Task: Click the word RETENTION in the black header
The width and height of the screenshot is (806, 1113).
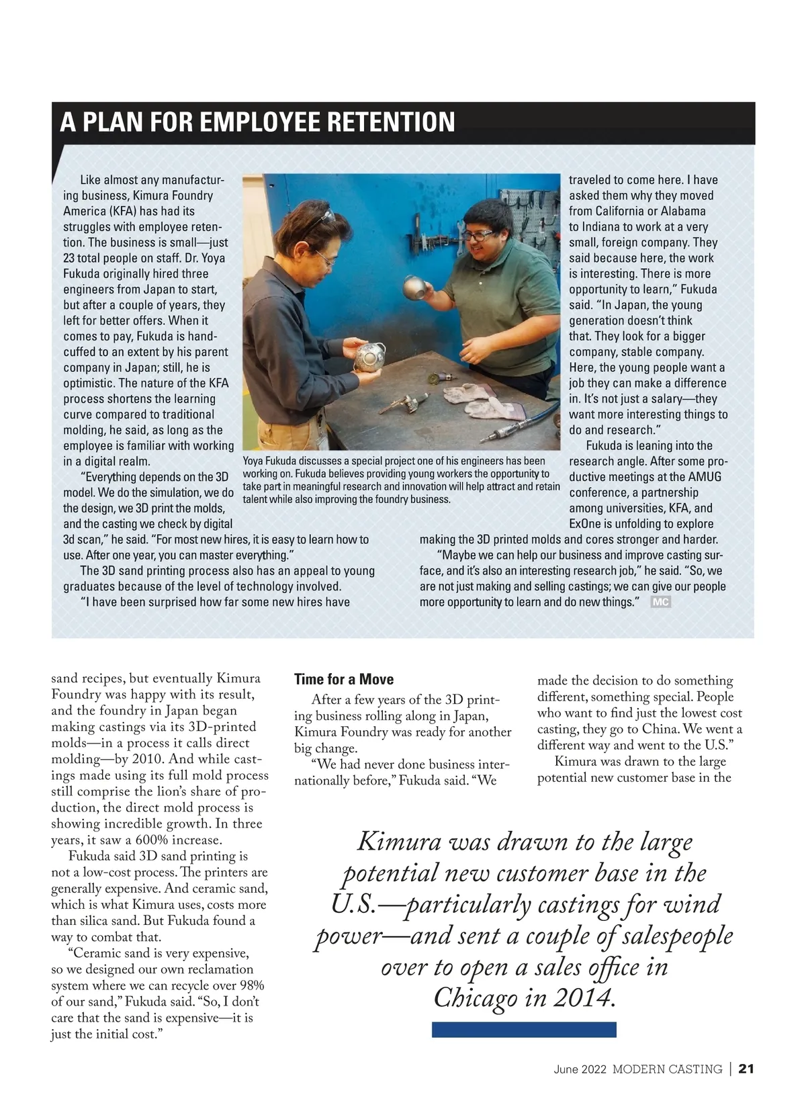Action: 390,122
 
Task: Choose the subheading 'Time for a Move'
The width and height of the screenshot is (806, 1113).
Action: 344,679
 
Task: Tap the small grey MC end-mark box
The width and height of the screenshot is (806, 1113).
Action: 660,602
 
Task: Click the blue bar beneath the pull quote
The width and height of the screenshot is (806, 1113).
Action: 524,1029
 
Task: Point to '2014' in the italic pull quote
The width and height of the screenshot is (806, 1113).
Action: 582,997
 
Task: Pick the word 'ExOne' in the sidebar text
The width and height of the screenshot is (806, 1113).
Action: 587,524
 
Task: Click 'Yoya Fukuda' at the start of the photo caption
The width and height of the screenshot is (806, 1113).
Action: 269,461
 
